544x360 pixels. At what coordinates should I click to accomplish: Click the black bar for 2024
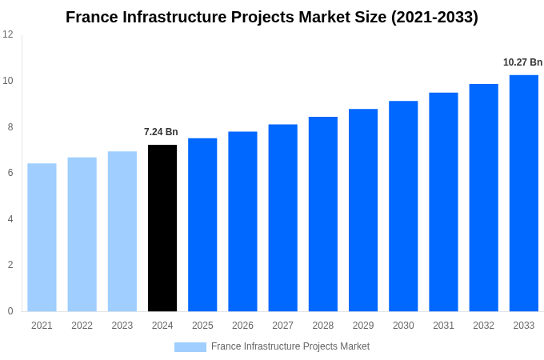point(162,228)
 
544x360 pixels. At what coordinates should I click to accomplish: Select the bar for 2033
point(524,193)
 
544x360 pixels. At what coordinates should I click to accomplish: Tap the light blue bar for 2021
point(42,238)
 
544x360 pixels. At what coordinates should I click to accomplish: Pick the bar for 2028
point(323,214)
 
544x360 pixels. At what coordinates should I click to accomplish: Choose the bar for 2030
point(403,206)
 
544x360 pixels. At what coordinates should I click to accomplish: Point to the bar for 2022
point(82,234)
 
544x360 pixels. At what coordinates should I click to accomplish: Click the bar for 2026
point(242,222)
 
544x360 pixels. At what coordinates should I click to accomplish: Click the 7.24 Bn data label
point(161,132)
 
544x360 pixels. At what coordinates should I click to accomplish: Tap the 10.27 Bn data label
point(522,62)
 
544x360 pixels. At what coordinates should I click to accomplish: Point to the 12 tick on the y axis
point(8,34)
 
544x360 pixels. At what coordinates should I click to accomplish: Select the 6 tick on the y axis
point(10,173)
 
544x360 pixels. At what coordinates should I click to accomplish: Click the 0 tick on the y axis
point(10,311)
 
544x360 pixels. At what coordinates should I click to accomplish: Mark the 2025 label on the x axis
point(202,326)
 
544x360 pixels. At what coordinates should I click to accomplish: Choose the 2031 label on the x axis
point(443,326)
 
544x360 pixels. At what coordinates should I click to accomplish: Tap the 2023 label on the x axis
point(122,326)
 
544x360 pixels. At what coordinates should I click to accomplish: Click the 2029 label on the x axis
point(363,326)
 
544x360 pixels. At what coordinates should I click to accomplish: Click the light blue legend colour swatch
point(190,347)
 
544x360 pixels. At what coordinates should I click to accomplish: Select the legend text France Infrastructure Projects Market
point(290,346)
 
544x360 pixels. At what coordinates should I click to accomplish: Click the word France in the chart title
point(92,17)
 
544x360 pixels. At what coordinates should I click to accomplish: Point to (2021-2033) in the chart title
point(434,17)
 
